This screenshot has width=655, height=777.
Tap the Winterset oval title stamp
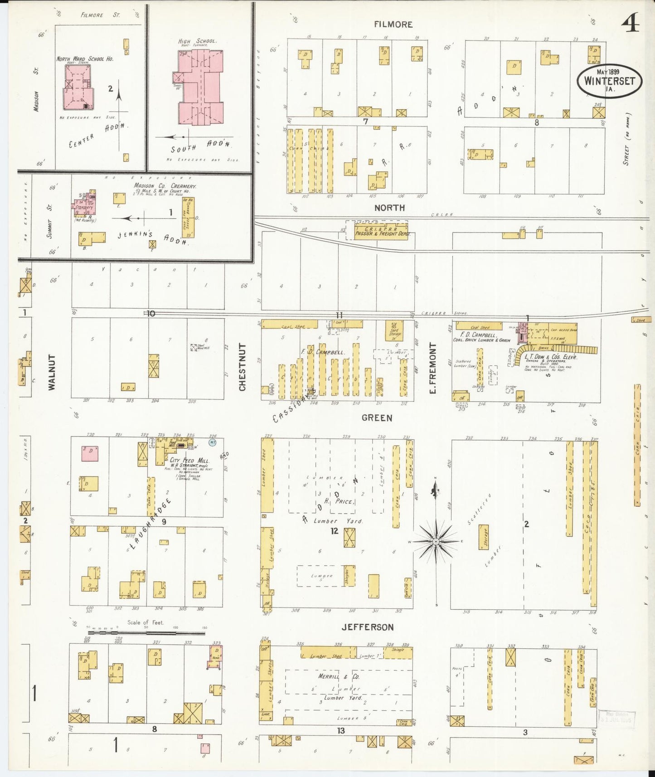click(x=609, y=81)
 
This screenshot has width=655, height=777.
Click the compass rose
click(x=436, y=541)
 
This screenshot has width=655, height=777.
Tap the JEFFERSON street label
click(x=367, y=627)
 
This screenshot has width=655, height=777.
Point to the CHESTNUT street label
click(x=243, y=367)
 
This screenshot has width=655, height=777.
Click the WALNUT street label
click(x=52, y=372)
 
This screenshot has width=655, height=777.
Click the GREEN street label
click(x=377, y=418)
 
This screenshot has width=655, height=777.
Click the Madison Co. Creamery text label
click(x=165, y=186)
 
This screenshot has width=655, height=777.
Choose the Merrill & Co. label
click(x=345, y=676)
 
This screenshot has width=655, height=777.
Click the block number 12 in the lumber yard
click(x=334, y=531)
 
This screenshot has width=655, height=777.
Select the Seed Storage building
click(x=394, y=330)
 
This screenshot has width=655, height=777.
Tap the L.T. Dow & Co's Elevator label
click(x=550, y=357)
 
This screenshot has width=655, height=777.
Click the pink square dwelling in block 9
click(x=90, y=453)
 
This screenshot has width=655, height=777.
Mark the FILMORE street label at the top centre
click(x=393, y=24)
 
